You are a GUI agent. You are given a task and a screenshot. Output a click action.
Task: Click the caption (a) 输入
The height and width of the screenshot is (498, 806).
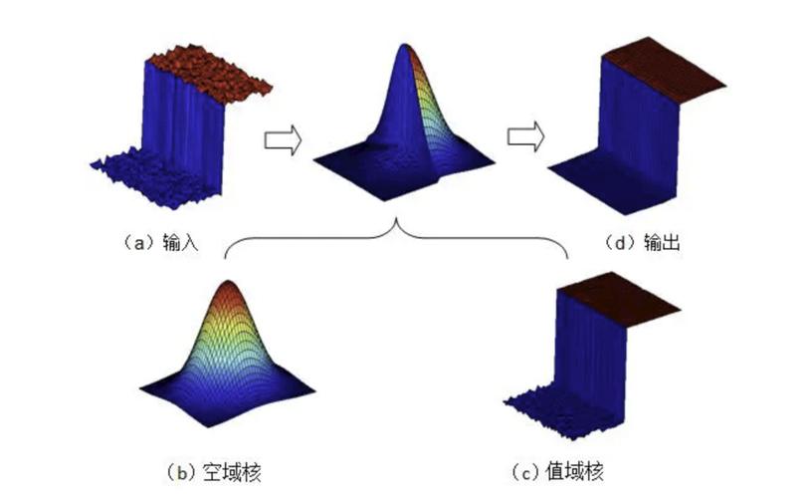click(x=160, y=241)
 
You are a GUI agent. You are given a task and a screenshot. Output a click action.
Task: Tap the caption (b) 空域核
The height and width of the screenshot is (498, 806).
click(x=214, y=471)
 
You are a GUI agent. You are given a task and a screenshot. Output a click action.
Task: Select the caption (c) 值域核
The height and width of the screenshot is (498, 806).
click(x=557, y=470)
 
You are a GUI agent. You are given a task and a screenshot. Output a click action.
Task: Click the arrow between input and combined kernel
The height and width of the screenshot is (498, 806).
click(x=283, y=139)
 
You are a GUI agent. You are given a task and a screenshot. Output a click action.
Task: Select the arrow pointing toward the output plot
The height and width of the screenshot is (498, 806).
click(x=525, y=136)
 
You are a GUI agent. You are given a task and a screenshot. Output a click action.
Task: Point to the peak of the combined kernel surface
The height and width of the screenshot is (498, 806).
click(x=405, y=48)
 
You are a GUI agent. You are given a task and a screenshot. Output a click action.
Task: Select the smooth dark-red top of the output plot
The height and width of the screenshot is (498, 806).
click(x=663, y=70)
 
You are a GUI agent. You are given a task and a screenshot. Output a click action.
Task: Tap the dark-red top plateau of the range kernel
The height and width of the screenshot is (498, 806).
click(x=619, y=300)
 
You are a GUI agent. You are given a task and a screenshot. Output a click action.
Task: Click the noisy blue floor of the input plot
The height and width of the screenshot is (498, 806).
click(x=154, y=177)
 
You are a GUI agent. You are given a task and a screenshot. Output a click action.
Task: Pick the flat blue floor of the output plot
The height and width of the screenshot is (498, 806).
click(x=609, y=181)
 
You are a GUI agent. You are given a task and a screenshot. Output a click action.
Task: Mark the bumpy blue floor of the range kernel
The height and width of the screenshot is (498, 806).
click(x=560, y=411)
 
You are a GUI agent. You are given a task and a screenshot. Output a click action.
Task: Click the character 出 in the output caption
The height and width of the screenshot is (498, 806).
click(x=670, y=241)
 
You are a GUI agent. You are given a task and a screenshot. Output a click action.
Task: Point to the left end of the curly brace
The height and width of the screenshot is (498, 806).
click(x=225, y=258)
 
